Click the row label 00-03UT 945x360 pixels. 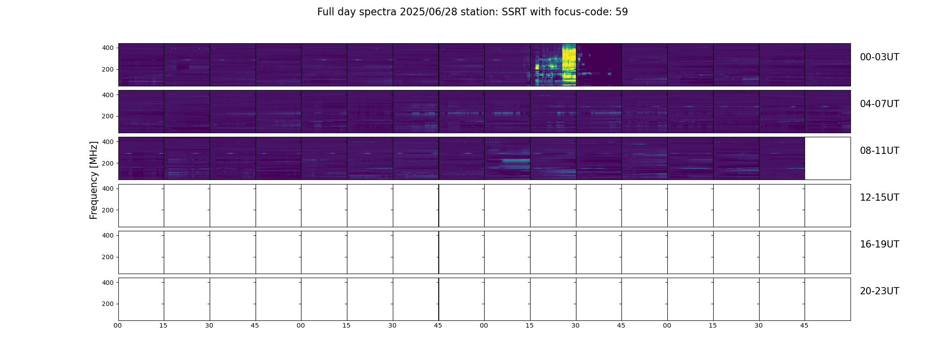pyautogui.click(x=879, y=57)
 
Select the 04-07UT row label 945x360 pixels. pyautogui.click(x=879, y=104)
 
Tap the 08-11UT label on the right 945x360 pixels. pyautogui.click(x=879, y=151)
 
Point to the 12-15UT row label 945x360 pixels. pyautogui.click(x=879, y=198)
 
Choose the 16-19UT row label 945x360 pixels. pyautogui.click(x=879, y=244)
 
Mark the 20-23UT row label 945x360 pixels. pyautogui.click(x=879, y=291)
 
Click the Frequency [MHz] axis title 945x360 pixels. pyautogui.click(x=94, y=180)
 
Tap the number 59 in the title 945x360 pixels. pyautogui.click(x=621, y=12)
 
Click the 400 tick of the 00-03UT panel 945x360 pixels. pyautogui.click(x=108, y=48)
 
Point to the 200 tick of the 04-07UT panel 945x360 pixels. pyautogui.click(x=108, y=116)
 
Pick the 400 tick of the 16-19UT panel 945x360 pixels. pyautogui.click(x=108, y=235)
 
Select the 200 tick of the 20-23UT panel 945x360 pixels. pyautogui.click(x=108, y=304)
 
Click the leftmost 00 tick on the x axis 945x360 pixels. pyautogui.click(x=118, y=325)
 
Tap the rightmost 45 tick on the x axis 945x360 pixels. pyautogui.click(x=804, y=325)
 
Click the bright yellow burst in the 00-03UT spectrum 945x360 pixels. pyautogui.click(x=569, y=65)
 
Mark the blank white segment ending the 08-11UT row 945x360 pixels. pyautogui.click(x=828, y=158)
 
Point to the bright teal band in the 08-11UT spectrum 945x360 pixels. pyautogui.click(x=516, y=160)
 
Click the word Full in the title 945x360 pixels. pyautogui.click(x=325, y=12)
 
